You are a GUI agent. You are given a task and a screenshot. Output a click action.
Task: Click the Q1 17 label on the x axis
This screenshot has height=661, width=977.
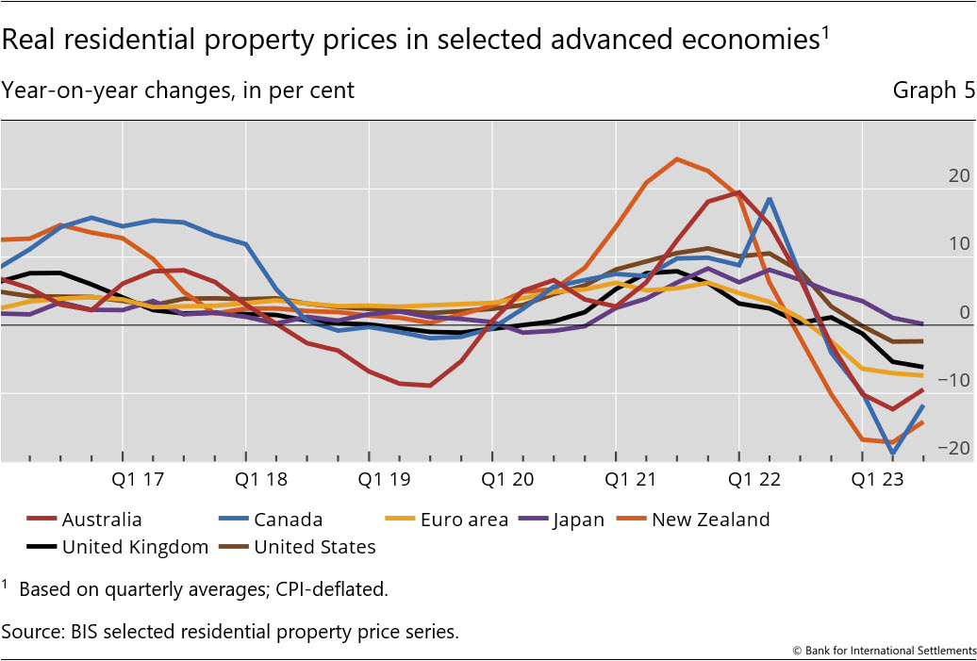coord(138,479)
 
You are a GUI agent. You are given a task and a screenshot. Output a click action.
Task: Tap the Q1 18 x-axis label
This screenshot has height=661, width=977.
coord(261,479)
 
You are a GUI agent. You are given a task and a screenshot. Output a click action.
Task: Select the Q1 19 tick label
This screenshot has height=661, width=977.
coord(384,479)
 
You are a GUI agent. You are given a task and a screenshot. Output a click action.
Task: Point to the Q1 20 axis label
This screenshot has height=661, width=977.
coord(508,479)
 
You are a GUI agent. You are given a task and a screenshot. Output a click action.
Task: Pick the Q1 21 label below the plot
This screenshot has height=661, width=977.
coord(631,479)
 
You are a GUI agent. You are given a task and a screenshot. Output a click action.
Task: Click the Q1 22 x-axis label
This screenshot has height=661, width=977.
coord(754,479)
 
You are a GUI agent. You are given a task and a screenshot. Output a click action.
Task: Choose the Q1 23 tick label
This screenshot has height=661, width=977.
coord(878,479)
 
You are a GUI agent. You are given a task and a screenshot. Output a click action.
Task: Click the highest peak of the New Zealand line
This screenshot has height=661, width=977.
coord(676,158)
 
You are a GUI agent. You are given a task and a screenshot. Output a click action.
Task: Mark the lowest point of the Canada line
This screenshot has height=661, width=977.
coord(892,454)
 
